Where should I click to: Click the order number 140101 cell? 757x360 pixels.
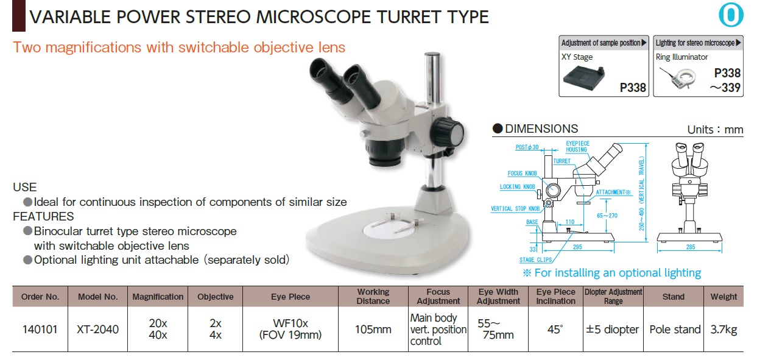[40, 330]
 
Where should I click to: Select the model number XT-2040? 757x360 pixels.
[97, 330]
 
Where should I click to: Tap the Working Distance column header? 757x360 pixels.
[373, 297]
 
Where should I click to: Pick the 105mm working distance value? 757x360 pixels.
[373, 330]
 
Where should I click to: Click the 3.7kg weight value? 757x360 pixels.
[724, 330]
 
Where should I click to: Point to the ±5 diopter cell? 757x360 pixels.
[613, 330]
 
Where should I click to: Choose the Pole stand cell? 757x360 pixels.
[675, 330]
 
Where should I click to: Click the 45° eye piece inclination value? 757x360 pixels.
[555, 330]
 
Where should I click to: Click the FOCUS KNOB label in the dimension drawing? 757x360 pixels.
[523, 174]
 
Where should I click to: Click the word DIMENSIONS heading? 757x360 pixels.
[541, 129]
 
